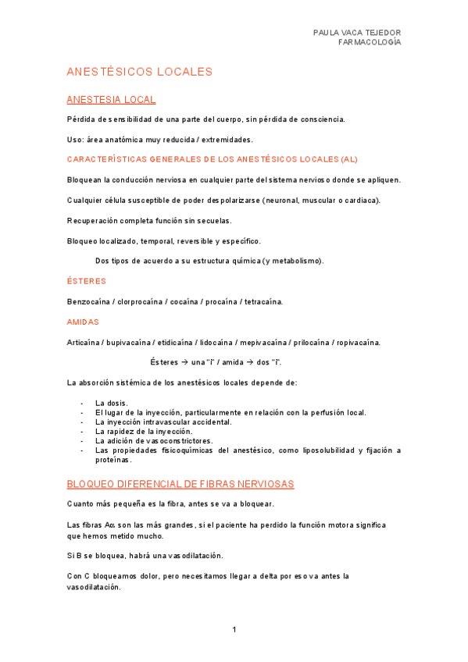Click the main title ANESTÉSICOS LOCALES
tap(140, 72)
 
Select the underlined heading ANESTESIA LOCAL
tap(111, 99)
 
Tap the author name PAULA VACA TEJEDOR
tap(356, 33)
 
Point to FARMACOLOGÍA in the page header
tap(370, 42)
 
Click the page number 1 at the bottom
tap(234, 629)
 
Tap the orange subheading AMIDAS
tap(83, 322)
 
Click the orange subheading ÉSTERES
tap(87, 281)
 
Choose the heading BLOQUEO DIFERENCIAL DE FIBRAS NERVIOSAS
tap(180, 484)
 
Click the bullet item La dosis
tap(112, 403)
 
